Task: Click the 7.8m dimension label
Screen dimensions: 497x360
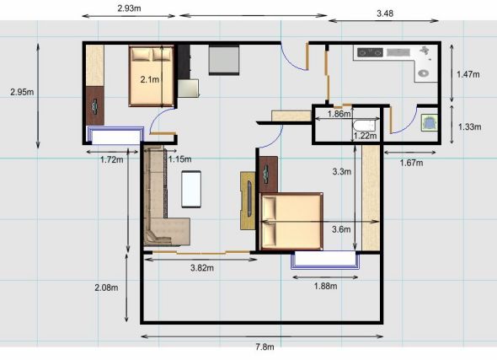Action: (265, 347)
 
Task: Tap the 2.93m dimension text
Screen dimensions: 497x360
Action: (130, 8)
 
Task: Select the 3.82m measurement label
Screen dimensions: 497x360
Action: (202, 268)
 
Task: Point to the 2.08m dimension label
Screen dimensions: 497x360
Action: (106, 287)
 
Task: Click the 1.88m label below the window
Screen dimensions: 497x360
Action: (325, 286)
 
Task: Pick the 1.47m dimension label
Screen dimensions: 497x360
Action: (468, 74)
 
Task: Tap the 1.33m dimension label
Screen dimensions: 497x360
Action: (470, 126)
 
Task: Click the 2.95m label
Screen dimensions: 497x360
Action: (22, 92)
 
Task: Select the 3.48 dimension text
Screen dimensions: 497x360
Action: (385, 13)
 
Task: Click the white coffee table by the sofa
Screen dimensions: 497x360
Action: (191, 189)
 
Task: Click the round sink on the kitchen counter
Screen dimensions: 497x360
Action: (424, 73)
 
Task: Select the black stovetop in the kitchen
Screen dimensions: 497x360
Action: (370, 52)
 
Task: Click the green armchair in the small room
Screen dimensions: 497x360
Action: (430, 123)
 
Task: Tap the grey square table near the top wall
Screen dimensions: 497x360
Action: (224, 60)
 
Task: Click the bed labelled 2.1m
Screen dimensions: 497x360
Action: (151, 76)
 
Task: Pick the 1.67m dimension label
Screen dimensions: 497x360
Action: (411, 163)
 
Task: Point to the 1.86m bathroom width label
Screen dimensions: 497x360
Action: (339, 114)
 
